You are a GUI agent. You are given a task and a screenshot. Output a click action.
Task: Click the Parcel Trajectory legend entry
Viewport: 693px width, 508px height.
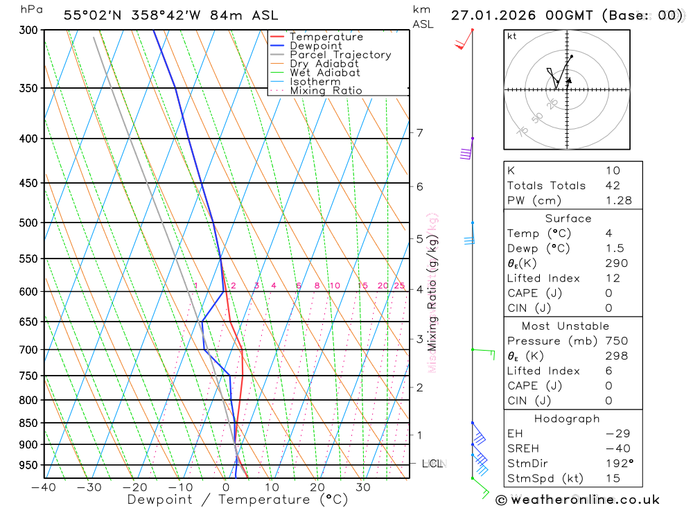pos(340,55)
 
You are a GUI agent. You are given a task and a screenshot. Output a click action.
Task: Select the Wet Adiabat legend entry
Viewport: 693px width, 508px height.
pos(325,73)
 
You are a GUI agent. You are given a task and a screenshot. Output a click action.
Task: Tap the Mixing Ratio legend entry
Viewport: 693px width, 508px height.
pos(326,91)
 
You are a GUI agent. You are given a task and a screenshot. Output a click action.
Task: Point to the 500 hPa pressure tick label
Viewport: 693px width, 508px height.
pos(28,222)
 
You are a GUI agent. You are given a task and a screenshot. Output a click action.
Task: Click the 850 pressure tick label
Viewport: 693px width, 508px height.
pos(28,423)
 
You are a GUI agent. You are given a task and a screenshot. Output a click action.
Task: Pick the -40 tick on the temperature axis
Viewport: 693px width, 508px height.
pos(44,487)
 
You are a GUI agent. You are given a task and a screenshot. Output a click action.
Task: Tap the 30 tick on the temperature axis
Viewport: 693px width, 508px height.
pos(363,487)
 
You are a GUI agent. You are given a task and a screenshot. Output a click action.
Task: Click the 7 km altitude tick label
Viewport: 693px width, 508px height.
pos(419,132)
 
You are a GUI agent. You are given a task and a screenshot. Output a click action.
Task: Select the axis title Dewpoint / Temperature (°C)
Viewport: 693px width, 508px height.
pos(238,500)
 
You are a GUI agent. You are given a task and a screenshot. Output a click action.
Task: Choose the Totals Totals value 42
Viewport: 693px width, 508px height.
pos(613,186)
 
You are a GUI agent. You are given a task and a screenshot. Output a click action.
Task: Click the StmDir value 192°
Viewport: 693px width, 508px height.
pos(616,464)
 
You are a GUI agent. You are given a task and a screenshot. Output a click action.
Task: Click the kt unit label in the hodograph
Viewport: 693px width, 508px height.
pos(512,36)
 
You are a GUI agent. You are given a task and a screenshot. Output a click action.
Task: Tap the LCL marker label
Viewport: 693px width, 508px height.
pos(434,463)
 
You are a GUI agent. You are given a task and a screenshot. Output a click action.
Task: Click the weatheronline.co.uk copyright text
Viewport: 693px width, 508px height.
pos(578,500)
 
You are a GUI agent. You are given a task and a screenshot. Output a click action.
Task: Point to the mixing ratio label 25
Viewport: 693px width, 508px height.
pos(399,286)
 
